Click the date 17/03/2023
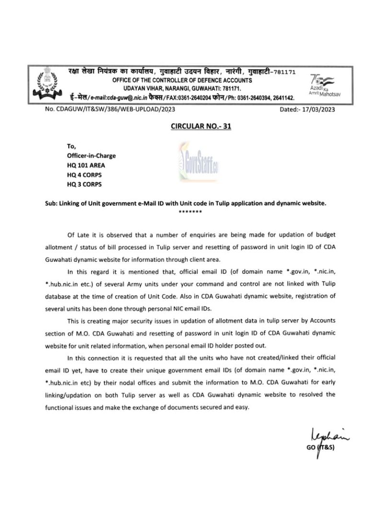(x=318, y=109)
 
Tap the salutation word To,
(x=71, y=146)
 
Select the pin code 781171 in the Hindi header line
(x=283, y=72)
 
